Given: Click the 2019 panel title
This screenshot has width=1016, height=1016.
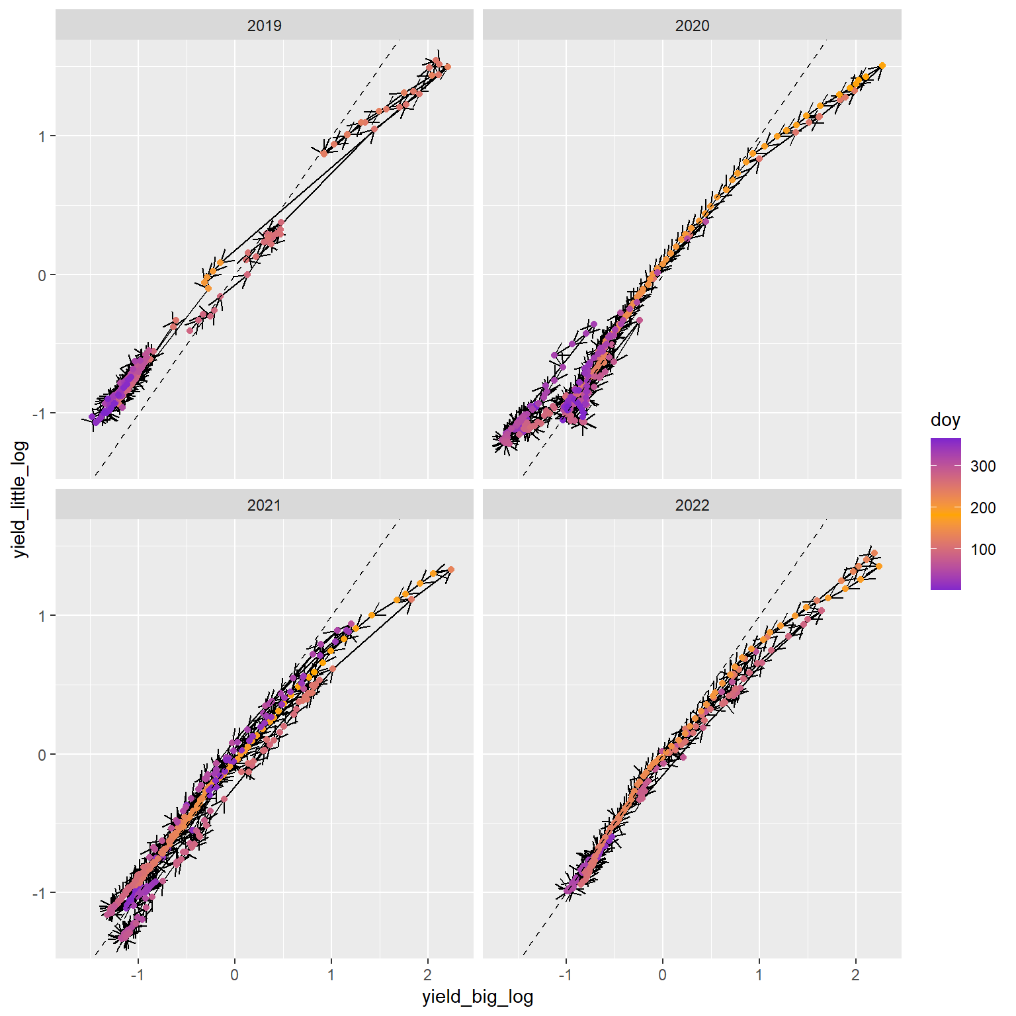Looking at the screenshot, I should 264,26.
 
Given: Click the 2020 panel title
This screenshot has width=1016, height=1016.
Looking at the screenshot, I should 692,26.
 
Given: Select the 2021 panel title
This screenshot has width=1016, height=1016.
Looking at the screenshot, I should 264,505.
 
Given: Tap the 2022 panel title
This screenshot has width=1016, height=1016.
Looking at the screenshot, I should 692,505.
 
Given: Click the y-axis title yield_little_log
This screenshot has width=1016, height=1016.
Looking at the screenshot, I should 21,499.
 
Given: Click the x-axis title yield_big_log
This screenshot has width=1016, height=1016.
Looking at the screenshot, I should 478,997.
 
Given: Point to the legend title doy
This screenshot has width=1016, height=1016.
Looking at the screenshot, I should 945,420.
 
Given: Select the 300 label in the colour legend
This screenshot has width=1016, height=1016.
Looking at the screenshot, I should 983,466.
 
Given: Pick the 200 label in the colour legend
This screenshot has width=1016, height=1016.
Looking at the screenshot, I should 983,508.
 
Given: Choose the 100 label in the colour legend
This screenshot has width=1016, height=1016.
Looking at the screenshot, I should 983,550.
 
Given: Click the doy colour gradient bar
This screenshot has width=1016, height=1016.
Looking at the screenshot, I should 945,513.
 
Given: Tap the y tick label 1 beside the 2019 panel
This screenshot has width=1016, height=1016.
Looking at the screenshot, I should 42,136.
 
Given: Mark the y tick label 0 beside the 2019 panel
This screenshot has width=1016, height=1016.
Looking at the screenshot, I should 42,275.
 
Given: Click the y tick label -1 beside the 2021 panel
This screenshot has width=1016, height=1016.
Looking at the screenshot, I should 40,893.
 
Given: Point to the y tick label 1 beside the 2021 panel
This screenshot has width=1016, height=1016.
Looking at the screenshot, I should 42,616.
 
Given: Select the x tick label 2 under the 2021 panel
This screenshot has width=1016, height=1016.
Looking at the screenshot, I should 427,975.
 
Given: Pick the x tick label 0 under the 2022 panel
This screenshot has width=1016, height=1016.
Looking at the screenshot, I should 662,975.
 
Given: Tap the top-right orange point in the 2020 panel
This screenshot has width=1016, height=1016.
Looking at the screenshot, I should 882,65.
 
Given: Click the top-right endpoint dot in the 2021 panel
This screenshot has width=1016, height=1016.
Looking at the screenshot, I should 450,570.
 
